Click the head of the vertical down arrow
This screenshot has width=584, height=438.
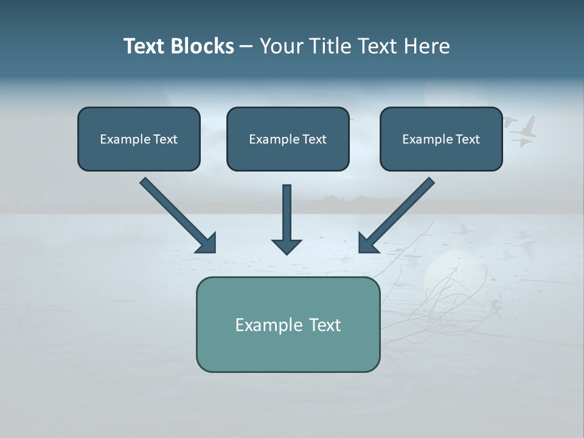(x=287, y=246)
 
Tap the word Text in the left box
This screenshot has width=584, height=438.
(x=165, y=139)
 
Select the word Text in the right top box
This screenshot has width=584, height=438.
(x=467, y=139)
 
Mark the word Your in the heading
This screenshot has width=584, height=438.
(x=281, y=46)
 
